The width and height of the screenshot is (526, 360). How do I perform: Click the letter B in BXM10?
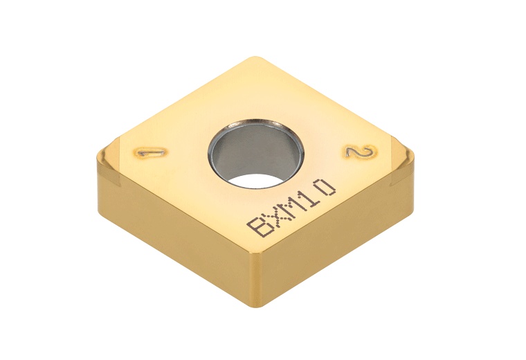260,226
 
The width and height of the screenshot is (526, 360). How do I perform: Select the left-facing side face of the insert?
173,228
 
